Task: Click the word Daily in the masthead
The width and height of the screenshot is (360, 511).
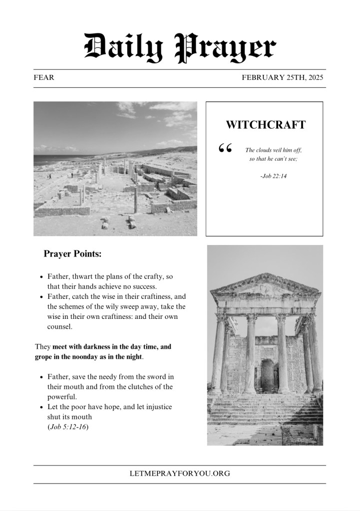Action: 123,48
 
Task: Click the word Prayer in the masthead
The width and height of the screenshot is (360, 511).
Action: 226,48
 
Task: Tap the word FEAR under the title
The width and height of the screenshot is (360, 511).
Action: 44,78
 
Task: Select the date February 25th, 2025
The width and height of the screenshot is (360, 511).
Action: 283,78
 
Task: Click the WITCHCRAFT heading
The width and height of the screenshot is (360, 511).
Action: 265,125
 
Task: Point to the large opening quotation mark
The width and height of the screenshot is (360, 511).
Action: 225,149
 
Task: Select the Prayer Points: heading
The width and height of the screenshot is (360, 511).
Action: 72,254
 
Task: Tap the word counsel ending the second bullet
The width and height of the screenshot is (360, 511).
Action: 59,327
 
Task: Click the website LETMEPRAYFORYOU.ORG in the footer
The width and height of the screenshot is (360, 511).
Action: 180,474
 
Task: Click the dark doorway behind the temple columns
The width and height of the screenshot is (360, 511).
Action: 267,374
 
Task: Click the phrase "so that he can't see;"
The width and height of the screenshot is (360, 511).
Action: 273,159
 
